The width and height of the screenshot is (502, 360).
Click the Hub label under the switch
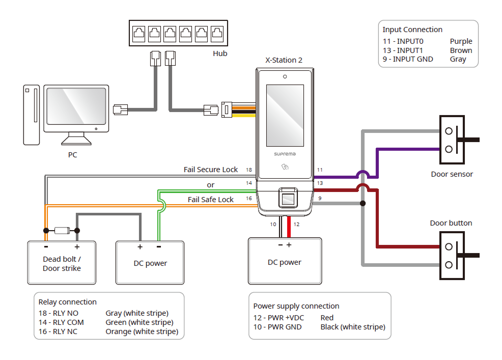(x=220, y=53)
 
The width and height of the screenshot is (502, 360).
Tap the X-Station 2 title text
(x=284, y=60)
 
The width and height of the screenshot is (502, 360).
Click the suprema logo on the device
(x=285, y=153)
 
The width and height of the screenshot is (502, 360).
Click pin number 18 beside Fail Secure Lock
(x=249, y=170)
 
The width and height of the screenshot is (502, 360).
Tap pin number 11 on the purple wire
(x=320, y=170)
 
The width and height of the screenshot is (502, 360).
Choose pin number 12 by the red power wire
(x=297, y=224)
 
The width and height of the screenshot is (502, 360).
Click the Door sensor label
(x=452, y=174)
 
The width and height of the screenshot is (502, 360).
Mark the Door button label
(x=451, y=223)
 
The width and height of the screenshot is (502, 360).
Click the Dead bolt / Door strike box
(x=62, y=263)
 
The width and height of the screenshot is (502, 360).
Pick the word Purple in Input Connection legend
(x=461, y=41)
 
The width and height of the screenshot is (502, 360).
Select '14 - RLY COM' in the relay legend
(x=61, y=322)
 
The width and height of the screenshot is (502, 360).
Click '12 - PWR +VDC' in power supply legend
(x=278, y=318)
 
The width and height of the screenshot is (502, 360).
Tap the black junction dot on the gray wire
(x=362, y=204)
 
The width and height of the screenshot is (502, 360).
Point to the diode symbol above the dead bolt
(x=61, y=230)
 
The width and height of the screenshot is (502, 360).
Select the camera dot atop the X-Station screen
(x=285, y=77)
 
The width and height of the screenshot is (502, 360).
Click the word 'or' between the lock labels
(x=211, y=184)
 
